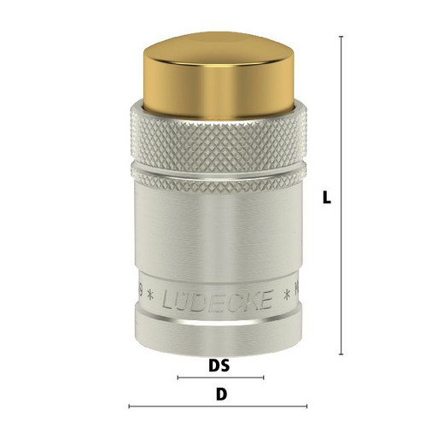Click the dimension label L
coord(327,197)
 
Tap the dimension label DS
coord(219,366)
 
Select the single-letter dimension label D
coord(221,395)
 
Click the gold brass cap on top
coord(219,75)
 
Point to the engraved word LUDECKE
coord(218,301)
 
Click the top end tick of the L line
coord(341,37)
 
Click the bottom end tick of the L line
coord(341,354)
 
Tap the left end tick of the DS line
coord(178,377)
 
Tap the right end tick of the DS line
coord(264,377)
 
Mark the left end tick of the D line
coord(129,407)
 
